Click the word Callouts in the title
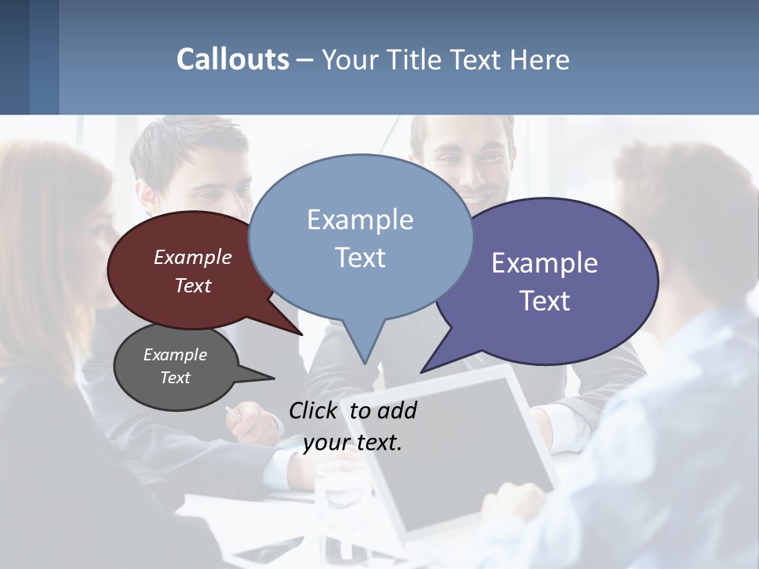click(x=232, y=59)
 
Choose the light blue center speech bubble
click(x=361, y=237)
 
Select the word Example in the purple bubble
click(x=545, y=263)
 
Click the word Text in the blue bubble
click(x=361, y=258)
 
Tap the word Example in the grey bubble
click(x=175, y=355)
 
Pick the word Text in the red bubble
click(x=193, y=285)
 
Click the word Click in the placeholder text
click(x=315, y=410)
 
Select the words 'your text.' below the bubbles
click(x=353, y=443)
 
